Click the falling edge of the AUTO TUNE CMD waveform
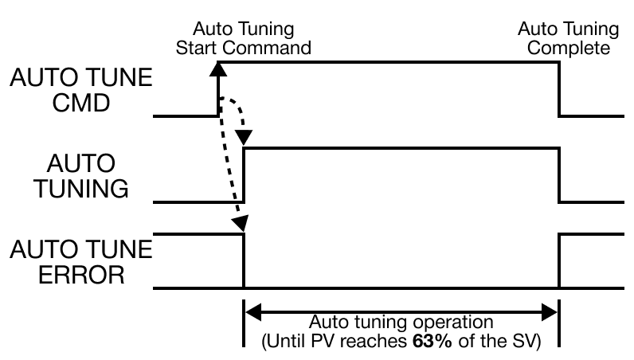[x=559, y=88]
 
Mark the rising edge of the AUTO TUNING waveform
[x=244, y=175]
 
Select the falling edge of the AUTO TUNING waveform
[x=559, y=175]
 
